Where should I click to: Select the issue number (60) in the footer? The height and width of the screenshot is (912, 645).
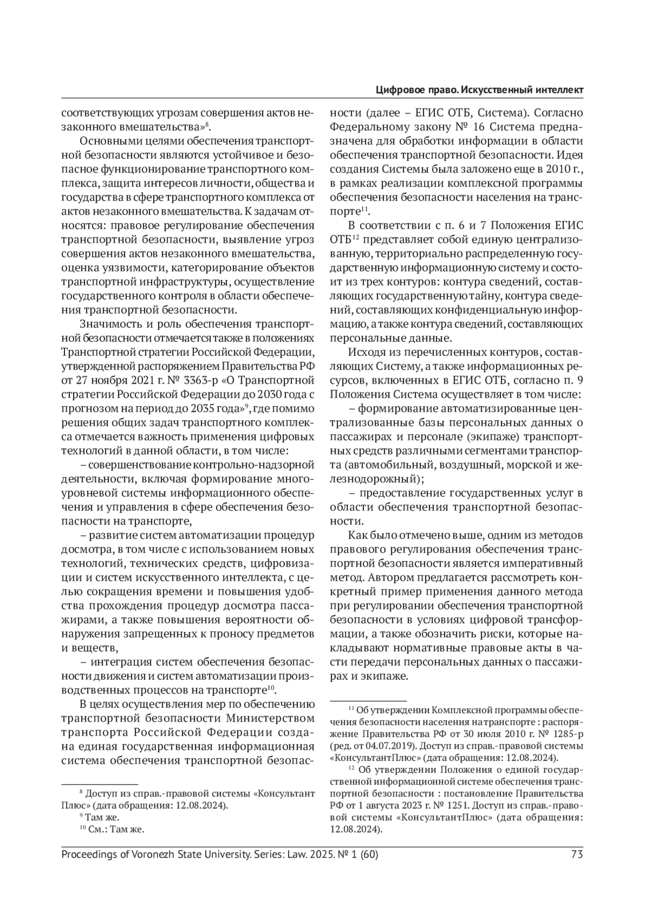[367, 854]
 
